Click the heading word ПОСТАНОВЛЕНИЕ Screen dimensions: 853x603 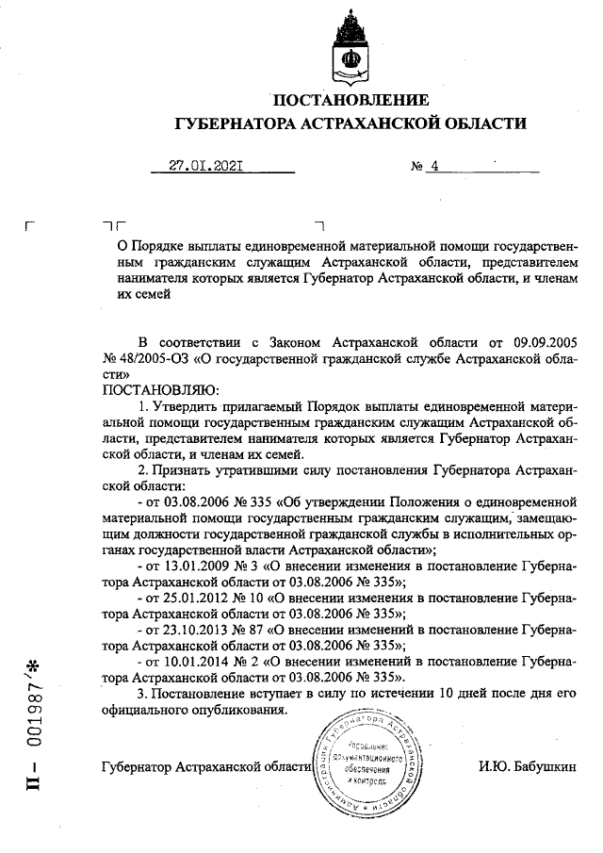(x=350, y=100)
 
